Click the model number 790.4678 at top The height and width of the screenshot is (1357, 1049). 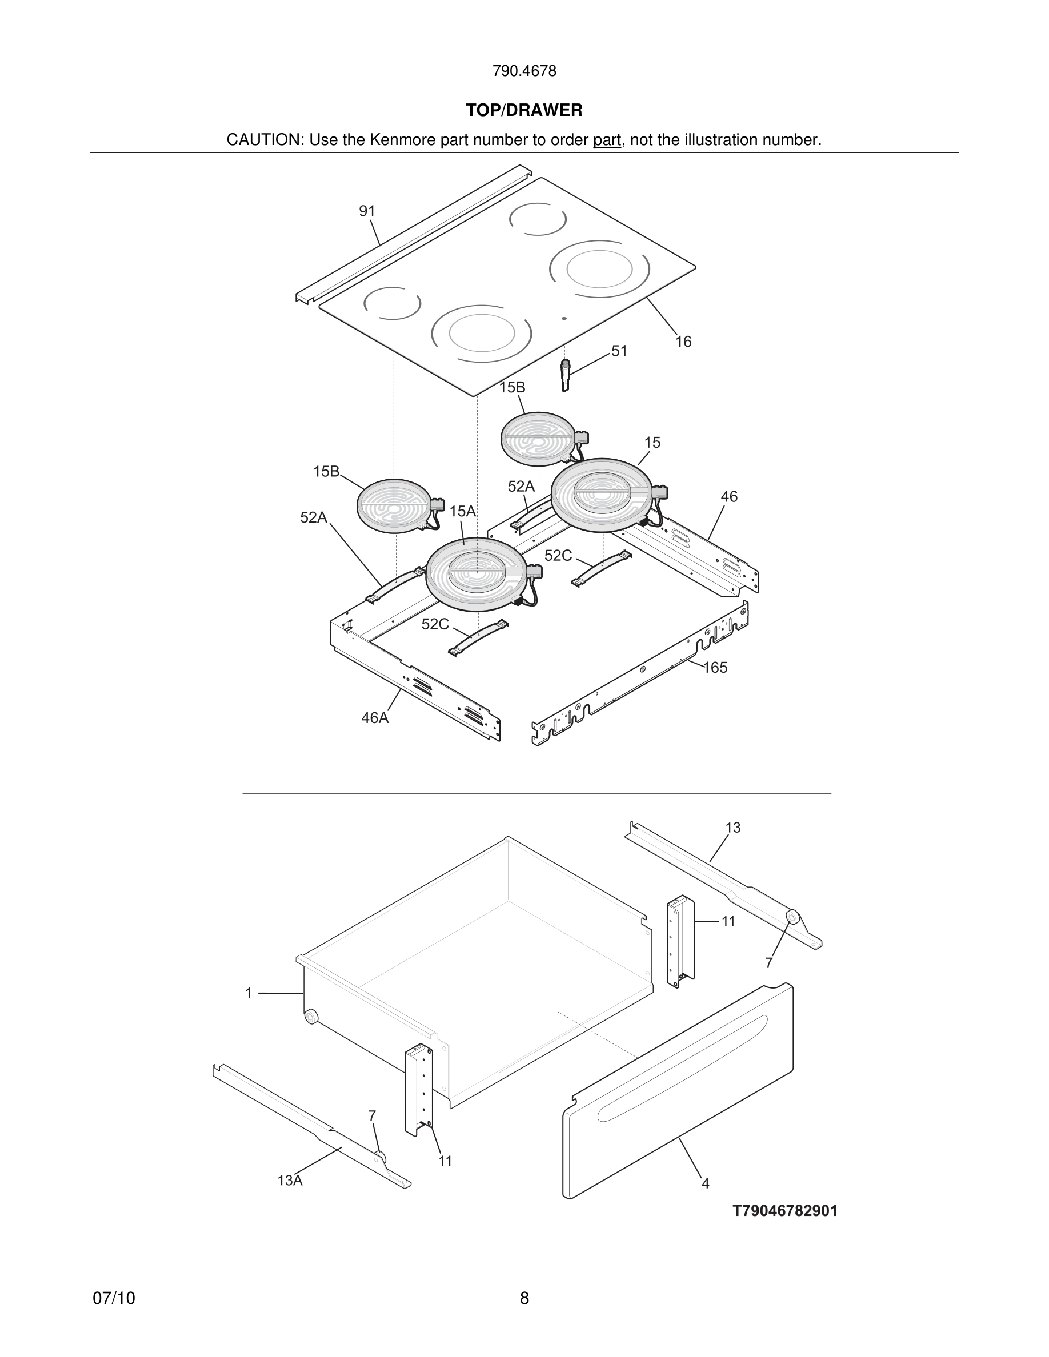coord(524,71)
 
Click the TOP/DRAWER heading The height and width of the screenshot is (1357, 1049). coord(524,111)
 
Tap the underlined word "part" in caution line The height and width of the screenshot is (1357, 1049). coord(607,140)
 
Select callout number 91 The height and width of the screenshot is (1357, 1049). coord(367,211)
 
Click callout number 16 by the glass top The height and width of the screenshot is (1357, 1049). coord(683,342)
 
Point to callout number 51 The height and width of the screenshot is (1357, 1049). coord(619,351)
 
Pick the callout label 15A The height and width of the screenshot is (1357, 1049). coord(462,511)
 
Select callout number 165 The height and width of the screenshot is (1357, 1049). coord(715,667)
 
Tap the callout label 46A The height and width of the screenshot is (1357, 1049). coord(375,718)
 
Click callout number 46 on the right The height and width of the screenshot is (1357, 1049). coord(729,496)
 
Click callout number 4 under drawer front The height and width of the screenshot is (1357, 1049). coord(706,1183)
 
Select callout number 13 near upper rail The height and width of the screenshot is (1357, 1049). coord(732,828)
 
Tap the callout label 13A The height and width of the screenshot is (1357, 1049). coord(290,1181)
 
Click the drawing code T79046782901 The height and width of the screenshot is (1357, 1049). coord(785,1211)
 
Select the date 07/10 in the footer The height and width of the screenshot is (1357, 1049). coord(114,1299)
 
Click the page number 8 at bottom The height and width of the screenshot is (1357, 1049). coord(524,1299)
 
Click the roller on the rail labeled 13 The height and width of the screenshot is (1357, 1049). coord(792,917)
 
